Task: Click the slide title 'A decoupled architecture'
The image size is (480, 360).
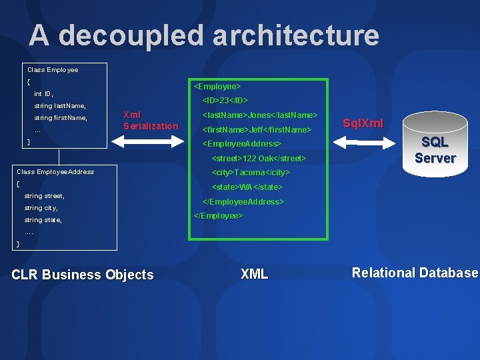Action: (x=203, y=35)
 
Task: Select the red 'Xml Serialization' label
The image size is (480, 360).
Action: (x=151, y=120)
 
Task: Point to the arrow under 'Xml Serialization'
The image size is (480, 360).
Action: (x=151, y=142)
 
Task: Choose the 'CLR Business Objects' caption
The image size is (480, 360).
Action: (x=83, y=275)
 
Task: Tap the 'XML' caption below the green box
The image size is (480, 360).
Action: (x=254, y=274)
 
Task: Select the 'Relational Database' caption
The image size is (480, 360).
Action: (x=415, y=273)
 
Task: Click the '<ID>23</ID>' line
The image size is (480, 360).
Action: (x=225, y=101)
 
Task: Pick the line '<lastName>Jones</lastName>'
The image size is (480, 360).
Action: (x=259, y=115)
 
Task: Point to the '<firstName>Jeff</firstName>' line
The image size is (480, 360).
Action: (x=257, y=129)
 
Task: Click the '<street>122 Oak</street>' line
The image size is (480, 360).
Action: (x=259, y=159)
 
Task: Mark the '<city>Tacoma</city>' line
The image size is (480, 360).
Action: (x=251, y=173)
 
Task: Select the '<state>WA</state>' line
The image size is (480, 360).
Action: (x=247, y=187)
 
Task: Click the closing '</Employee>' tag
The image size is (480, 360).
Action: (x=218, y=216)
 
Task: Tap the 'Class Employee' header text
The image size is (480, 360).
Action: (x=53, y=69)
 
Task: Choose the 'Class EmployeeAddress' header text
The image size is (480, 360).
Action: (x=55, y=172)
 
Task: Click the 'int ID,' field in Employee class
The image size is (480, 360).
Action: (x=44, y=94)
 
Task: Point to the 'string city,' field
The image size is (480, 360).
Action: (x=41, y=208)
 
